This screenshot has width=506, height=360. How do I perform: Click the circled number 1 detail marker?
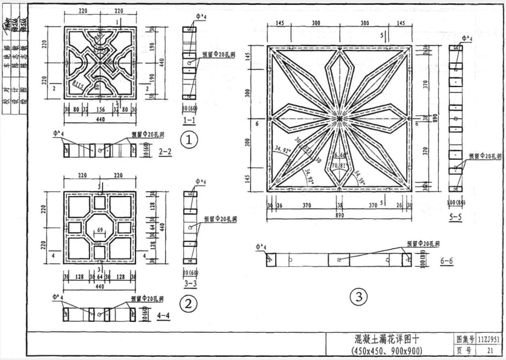click(190, 140)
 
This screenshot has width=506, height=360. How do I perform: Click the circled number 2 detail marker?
click(190, 303)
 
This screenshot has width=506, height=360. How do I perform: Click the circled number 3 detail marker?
click(358, 296)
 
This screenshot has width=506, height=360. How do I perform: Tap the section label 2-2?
click(165, 152)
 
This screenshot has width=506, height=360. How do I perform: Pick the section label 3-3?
click(190, 283)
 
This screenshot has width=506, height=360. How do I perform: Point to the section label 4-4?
click(164, 315)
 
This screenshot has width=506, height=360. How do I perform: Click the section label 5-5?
click(455, 215)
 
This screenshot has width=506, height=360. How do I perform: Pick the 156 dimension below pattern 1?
click(100, 110)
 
